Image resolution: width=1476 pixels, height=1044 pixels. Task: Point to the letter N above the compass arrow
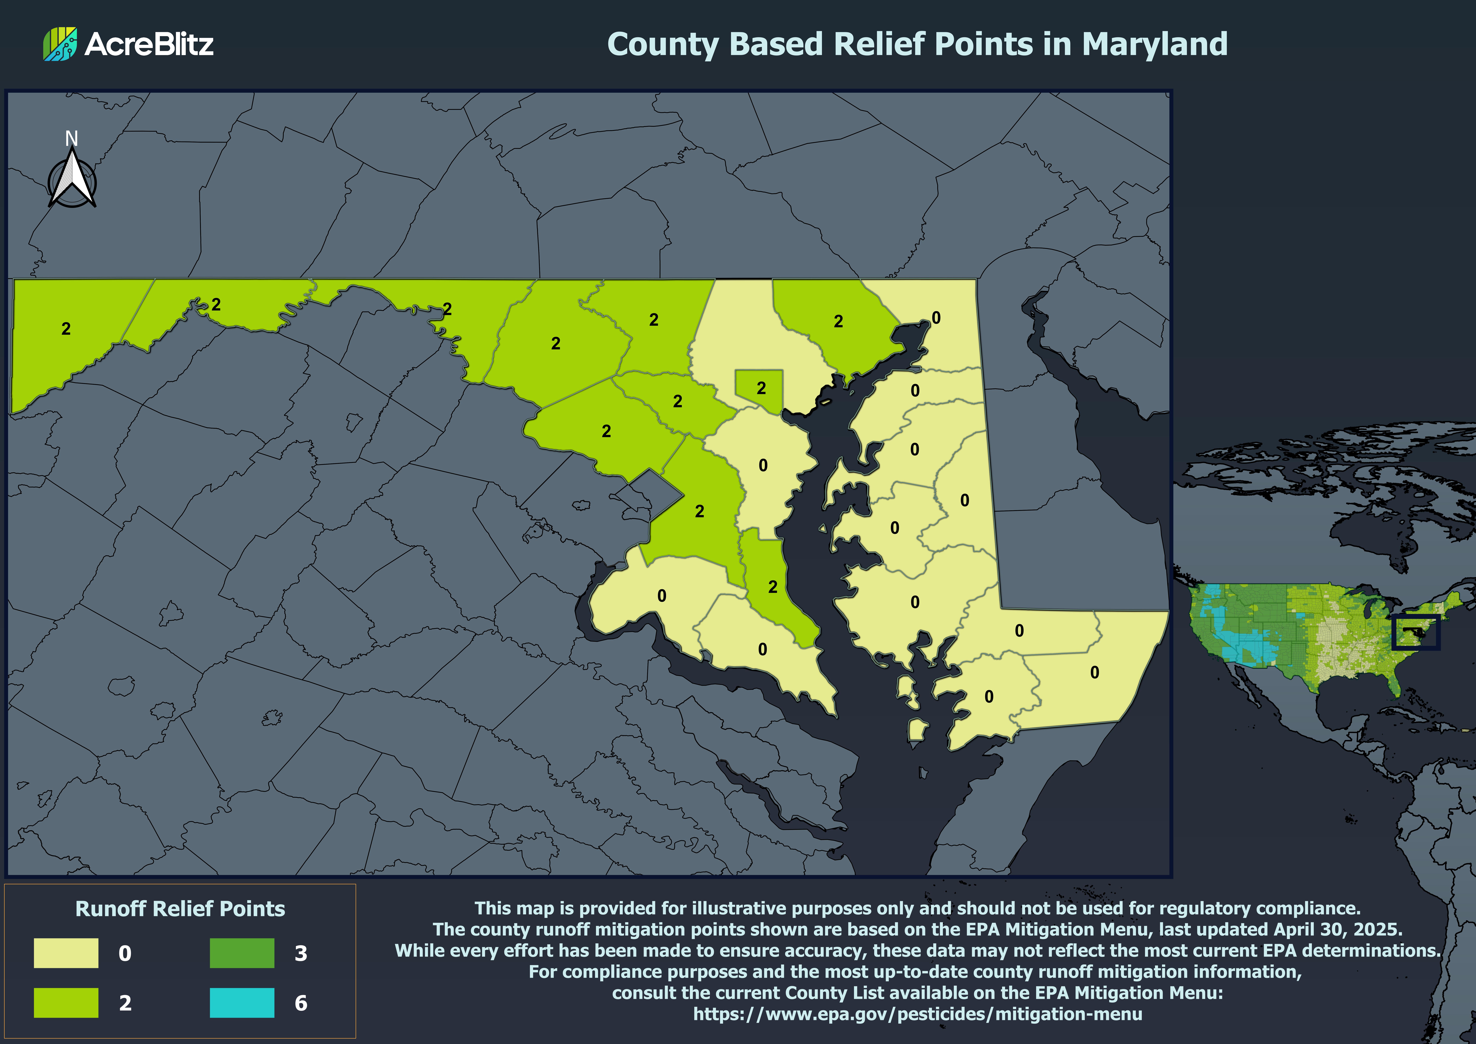pyautogui.click(x=71, y=138)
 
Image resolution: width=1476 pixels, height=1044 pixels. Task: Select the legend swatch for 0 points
pyautogui.click(x=66, y=953)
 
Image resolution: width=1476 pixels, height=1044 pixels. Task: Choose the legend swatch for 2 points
pyautogui.click(x=66, y=1002)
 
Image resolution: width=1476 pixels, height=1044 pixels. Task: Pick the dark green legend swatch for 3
pyautogui.click(x=242, y=953)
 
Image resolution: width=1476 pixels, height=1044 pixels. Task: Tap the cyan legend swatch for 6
pyautogui.click(x=242, y=1002)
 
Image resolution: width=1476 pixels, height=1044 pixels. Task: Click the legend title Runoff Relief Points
pyautogui.click(x=180, y=908)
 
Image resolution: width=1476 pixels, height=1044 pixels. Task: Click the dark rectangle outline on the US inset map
pyautogui.click(x=1416, y=632)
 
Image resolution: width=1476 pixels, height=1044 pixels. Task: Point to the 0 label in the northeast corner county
pyautogui.click(x=936, y=318)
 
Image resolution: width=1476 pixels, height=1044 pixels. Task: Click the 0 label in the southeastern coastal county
pyautogui.click(x=1094, y=672)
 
